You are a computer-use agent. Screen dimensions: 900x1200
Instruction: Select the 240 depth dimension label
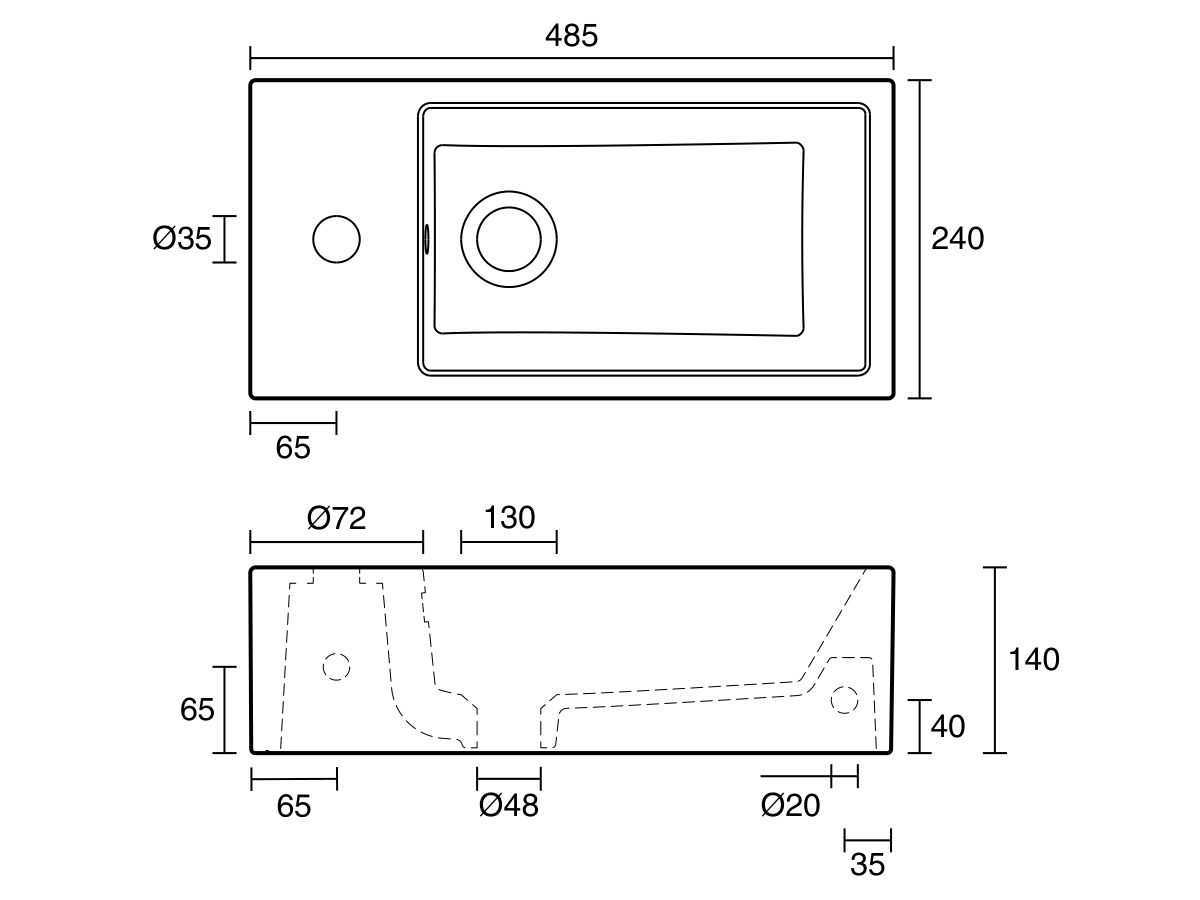pyautogui.click(x=957, y=239)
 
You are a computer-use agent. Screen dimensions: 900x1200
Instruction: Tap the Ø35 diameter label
pyautogui.click(x=182, y=239)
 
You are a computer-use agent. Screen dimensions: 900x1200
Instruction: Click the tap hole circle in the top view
pyautogui.click(x=336, y=239)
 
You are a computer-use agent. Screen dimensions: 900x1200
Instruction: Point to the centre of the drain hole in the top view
pyautogui.click(x=509, y=239)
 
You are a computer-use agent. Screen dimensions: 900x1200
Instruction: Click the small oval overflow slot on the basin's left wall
pyautogui.click(x=427, y=239)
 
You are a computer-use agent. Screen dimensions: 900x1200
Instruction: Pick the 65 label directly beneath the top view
pyautogui.click(x=293, y=449)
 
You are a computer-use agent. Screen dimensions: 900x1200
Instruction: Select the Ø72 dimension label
pyautogui.click(x=337, y=518)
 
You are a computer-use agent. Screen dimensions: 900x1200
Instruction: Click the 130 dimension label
pyautogui.click(x=509, y=518)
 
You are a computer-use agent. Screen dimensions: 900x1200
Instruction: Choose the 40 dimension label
pyautogui.click(x=948, y=726)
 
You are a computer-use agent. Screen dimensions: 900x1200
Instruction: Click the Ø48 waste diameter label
pyautogui.click(x=508, y=805)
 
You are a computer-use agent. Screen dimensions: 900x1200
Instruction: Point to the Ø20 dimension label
pyautogui.click(x=790, y=805)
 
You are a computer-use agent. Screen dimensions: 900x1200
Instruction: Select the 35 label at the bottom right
pyautogui.click(x=867, y=865)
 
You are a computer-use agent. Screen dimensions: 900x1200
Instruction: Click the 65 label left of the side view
pyautogui.click(x=197, y=710)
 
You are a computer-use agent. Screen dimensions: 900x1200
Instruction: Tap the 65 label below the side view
pyautogui.click(x=293, y=806)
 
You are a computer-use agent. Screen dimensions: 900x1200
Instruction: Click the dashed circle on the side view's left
pyautogui.click(x=336, y=665)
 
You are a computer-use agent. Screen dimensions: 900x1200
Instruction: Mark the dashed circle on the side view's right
pyautogui.click(x=845, y=699)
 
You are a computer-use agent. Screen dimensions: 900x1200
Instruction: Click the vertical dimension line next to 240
pyautogui.click(x=920, y=239)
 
